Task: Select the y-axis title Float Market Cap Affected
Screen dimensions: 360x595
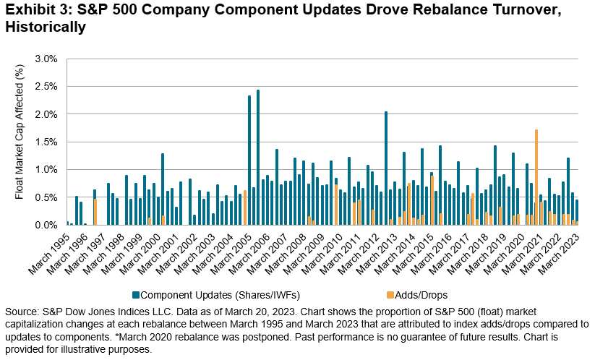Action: tap(21, 141)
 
